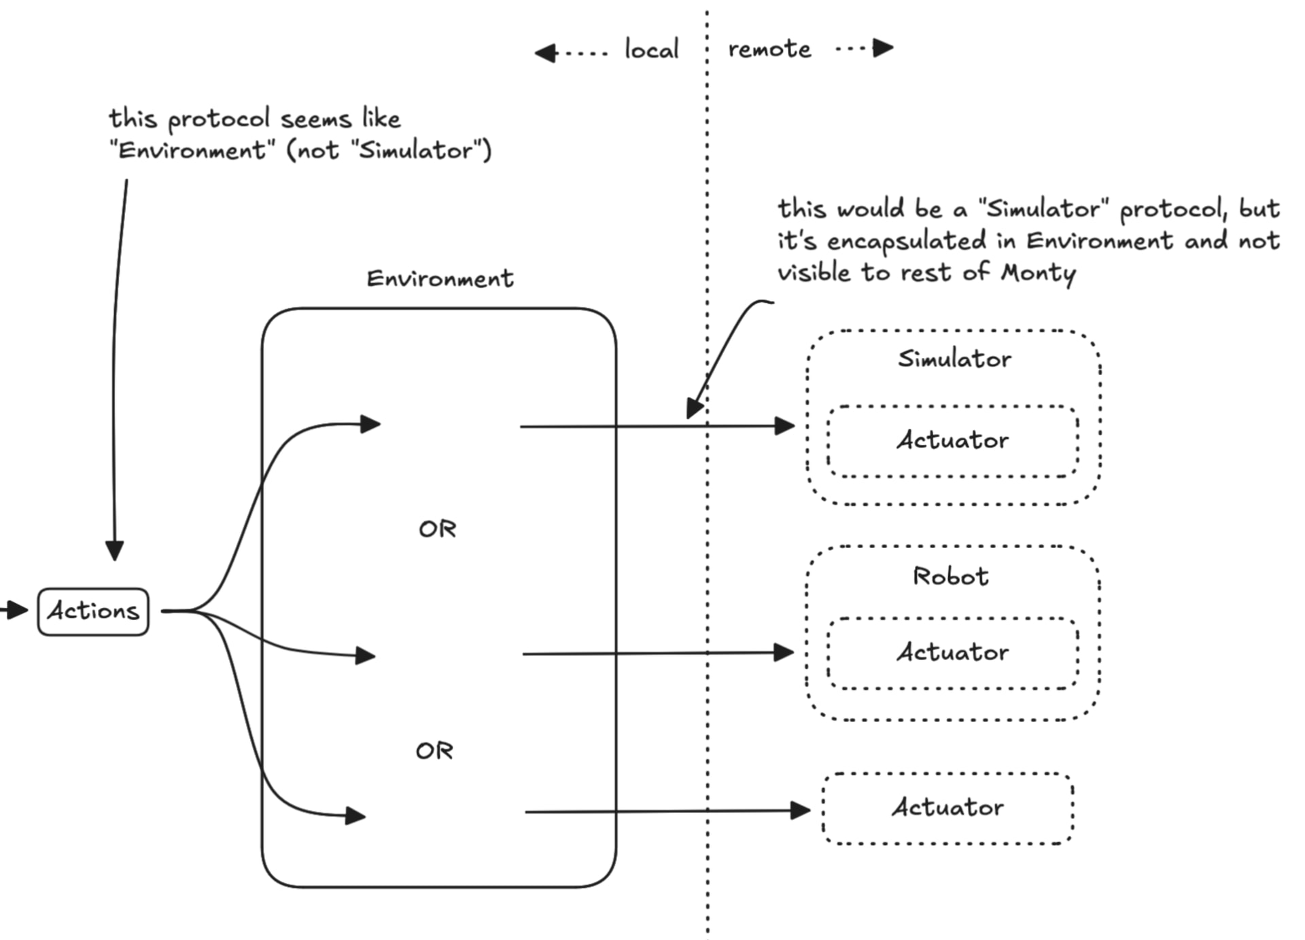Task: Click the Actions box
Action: (93, 611)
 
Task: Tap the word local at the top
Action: (651, 50)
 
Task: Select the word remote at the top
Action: (769, 49)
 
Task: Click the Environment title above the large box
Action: (440, 278)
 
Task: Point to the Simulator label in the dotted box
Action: (954, 359)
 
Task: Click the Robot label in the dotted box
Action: (950, 576)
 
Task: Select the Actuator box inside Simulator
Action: (952, 440)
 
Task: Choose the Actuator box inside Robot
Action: (952, 652)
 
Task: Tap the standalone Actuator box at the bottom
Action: (947, 808)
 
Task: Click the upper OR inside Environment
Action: (437, 528)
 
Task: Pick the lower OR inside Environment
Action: (434, 751)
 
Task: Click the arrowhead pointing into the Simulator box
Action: (785, 426)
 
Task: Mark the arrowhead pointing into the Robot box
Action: (784, 653)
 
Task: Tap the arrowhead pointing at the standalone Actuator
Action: (801, 810)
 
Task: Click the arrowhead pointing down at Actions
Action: (115, 550)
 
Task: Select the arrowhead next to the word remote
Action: (883, 48)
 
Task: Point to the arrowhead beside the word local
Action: (545, 53)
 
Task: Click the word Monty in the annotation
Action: (1038, 273)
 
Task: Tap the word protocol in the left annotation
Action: (218, 119)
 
